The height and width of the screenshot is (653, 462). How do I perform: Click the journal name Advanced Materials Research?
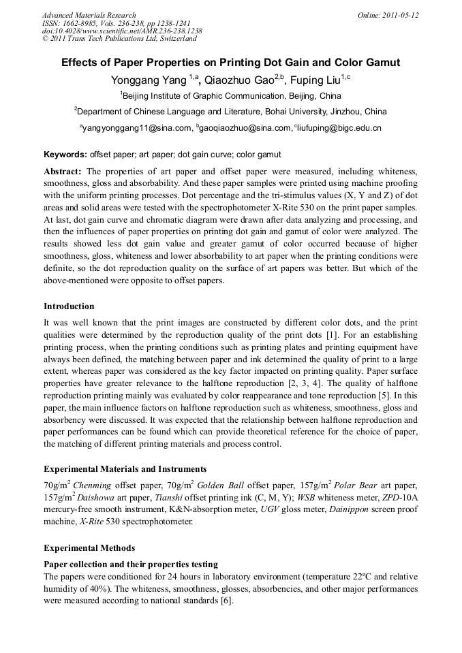(x=89, y=15)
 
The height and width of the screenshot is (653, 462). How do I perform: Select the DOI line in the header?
(x=122, y=31)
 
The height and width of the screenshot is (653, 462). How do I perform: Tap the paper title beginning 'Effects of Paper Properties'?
(x=230, y=63)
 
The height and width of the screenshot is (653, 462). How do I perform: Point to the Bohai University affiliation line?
(x=230, y=112)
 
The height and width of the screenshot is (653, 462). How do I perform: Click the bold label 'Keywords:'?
(x=65, y=155)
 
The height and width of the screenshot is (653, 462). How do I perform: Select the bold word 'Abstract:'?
(x=63, y=171)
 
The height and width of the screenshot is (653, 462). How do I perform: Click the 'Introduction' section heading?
(x=69, y=306)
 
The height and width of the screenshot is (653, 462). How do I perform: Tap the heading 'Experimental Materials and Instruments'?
(x=125, y=469)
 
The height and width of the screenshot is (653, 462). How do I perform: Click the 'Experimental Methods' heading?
(x=89, y=547)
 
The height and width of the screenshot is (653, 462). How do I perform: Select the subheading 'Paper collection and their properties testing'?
(x=131, y=564)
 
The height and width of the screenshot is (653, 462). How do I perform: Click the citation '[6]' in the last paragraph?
(x=226, y=601)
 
